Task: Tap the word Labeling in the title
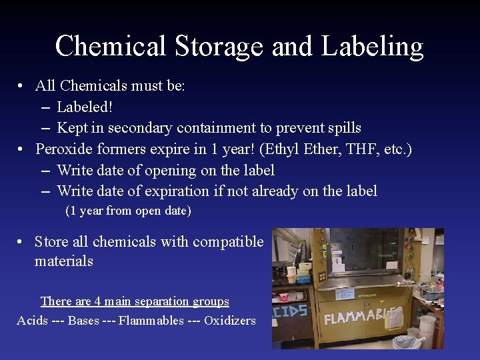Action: pyautogui.click(x=372, y=47)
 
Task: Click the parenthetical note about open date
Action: pyautogui.click(x=128, y=211)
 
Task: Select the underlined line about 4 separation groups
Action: pyautogui.click(x=135, y=301)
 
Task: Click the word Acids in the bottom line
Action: pyautogui.click(x=32, y=321)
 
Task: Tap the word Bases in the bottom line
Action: pyautogui.click(x=83, y=321)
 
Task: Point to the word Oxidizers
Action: pyautogui.click(x=230, y=321)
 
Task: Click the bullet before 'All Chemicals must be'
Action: pyautogui.click(x=22, y=86)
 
